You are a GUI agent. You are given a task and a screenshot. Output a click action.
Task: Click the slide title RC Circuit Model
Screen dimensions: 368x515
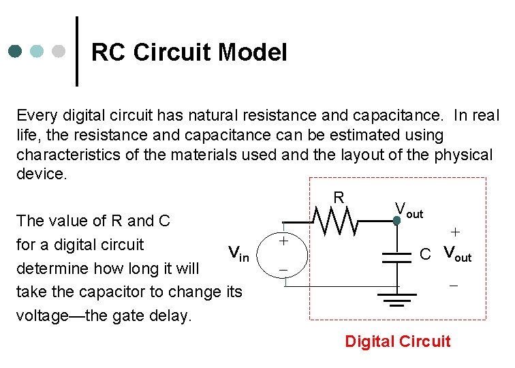[189, 52]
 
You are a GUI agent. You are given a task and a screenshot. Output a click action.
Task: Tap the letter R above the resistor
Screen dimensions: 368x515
[339, 198]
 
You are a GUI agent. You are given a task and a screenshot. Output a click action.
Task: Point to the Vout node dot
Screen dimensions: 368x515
[396, 220]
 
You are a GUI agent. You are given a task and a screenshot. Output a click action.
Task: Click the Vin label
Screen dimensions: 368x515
[238, 254]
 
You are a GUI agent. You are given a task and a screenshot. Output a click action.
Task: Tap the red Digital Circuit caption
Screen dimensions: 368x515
[398, 341]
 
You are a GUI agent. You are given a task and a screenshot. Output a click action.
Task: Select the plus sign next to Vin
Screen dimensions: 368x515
[283, 241]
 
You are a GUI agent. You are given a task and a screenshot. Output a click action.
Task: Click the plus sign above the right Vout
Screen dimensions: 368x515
[454, 232]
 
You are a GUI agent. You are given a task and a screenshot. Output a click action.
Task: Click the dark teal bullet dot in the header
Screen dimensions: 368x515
[16, 52]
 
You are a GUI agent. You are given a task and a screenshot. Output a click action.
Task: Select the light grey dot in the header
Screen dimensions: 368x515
[59, 52]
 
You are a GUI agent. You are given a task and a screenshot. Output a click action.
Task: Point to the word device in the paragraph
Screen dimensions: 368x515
[40, 174]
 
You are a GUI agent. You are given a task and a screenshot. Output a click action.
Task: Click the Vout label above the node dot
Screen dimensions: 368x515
[409, 210]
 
